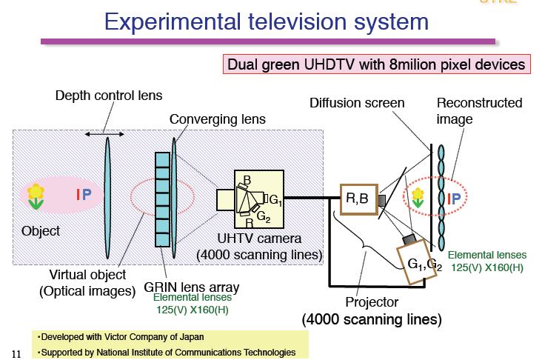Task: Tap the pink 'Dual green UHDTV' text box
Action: (377, 64)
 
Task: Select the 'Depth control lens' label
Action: (109, 96)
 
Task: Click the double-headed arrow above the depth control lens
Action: (104, 133)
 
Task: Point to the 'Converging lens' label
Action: (217, 119)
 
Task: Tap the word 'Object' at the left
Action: (41, 231)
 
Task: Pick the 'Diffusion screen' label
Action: (357, 103)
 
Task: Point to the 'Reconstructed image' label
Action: (479, 110)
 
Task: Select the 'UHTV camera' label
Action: (259, 239)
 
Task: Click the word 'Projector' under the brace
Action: (372, 301)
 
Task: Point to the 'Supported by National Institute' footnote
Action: (167, 352)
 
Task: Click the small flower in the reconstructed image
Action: (418, 196)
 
